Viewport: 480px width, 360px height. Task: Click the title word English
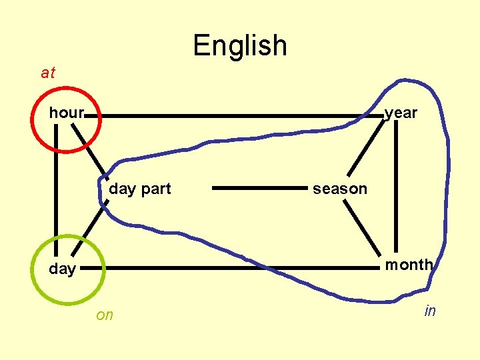tap(240, 45)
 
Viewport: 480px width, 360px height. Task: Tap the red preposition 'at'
tap(48, 73)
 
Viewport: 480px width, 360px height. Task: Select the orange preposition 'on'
tap(105, 315)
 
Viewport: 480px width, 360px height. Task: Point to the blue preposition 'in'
tap(430, 311)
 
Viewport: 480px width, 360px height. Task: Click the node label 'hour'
tap(66, 113)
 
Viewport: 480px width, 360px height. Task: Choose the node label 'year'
tap(401, 113)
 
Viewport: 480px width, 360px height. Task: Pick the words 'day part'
tap(140, 189)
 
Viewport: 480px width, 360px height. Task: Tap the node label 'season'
tap(340, 189)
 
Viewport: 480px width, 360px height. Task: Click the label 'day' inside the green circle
tap(62, 269)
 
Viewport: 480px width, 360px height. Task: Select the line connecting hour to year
tap(233, 115)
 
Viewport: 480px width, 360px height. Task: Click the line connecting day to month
tap(233, 268)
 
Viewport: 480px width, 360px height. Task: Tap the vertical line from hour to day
tap(56, 187)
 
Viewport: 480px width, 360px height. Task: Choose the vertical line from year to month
tap(396, 187)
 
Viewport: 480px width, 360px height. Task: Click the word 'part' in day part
tap(156, 189)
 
